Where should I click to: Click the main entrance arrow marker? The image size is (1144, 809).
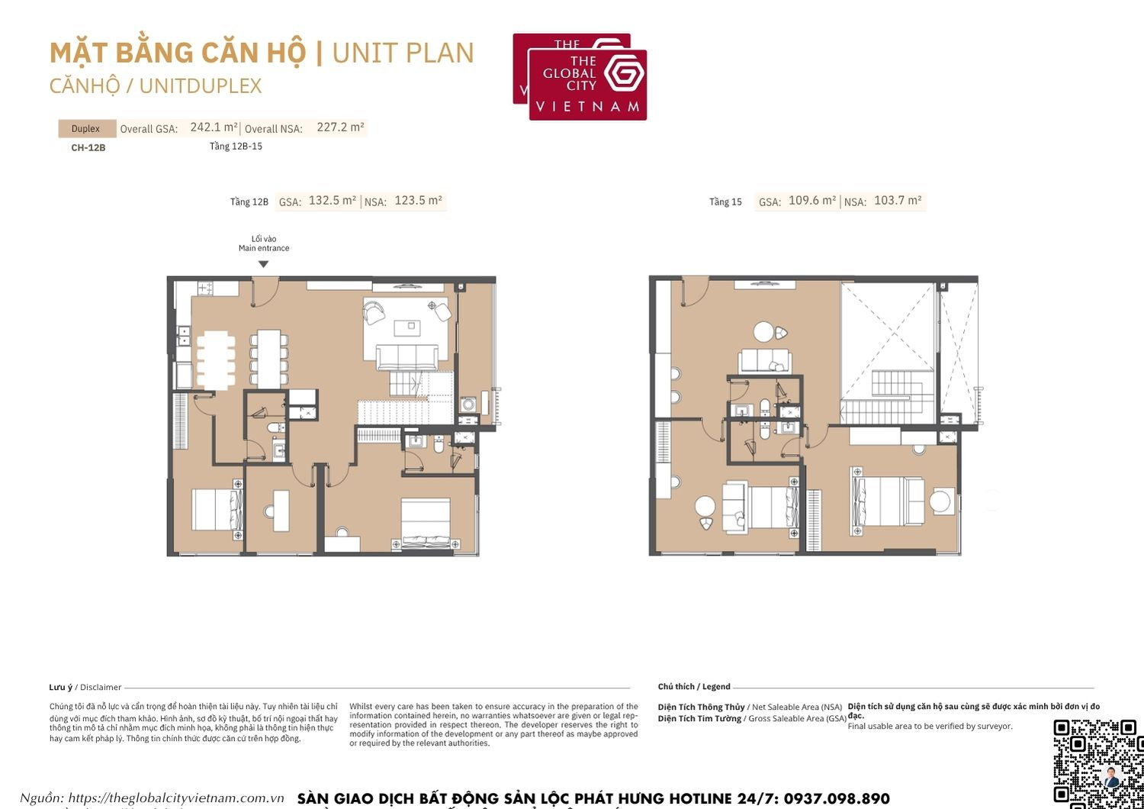pos(263,264)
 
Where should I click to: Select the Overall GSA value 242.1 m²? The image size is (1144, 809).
pos(214,127)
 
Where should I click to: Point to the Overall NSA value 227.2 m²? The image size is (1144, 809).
pos(340,127)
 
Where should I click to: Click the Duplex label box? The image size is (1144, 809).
pos(86,129)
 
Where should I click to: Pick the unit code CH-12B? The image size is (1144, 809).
pos(88,147)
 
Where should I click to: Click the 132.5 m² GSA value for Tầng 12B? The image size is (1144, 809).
pos(333,201)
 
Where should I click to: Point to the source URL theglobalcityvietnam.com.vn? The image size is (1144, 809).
pos(176,798)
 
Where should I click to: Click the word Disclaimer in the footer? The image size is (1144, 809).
pos(101,688)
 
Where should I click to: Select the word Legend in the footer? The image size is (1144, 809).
pos(716,687)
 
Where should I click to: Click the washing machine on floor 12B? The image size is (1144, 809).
pos(468,404)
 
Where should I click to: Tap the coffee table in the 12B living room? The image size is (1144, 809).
pos(407,327)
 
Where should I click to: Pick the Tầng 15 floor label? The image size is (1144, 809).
pos(725,202)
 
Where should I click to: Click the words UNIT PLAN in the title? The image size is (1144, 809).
pos(403,53)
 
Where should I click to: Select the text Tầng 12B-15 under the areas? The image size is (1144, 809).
pos(236,147)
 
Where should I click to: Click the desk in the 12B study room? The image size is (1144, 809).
pos(281,509)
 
